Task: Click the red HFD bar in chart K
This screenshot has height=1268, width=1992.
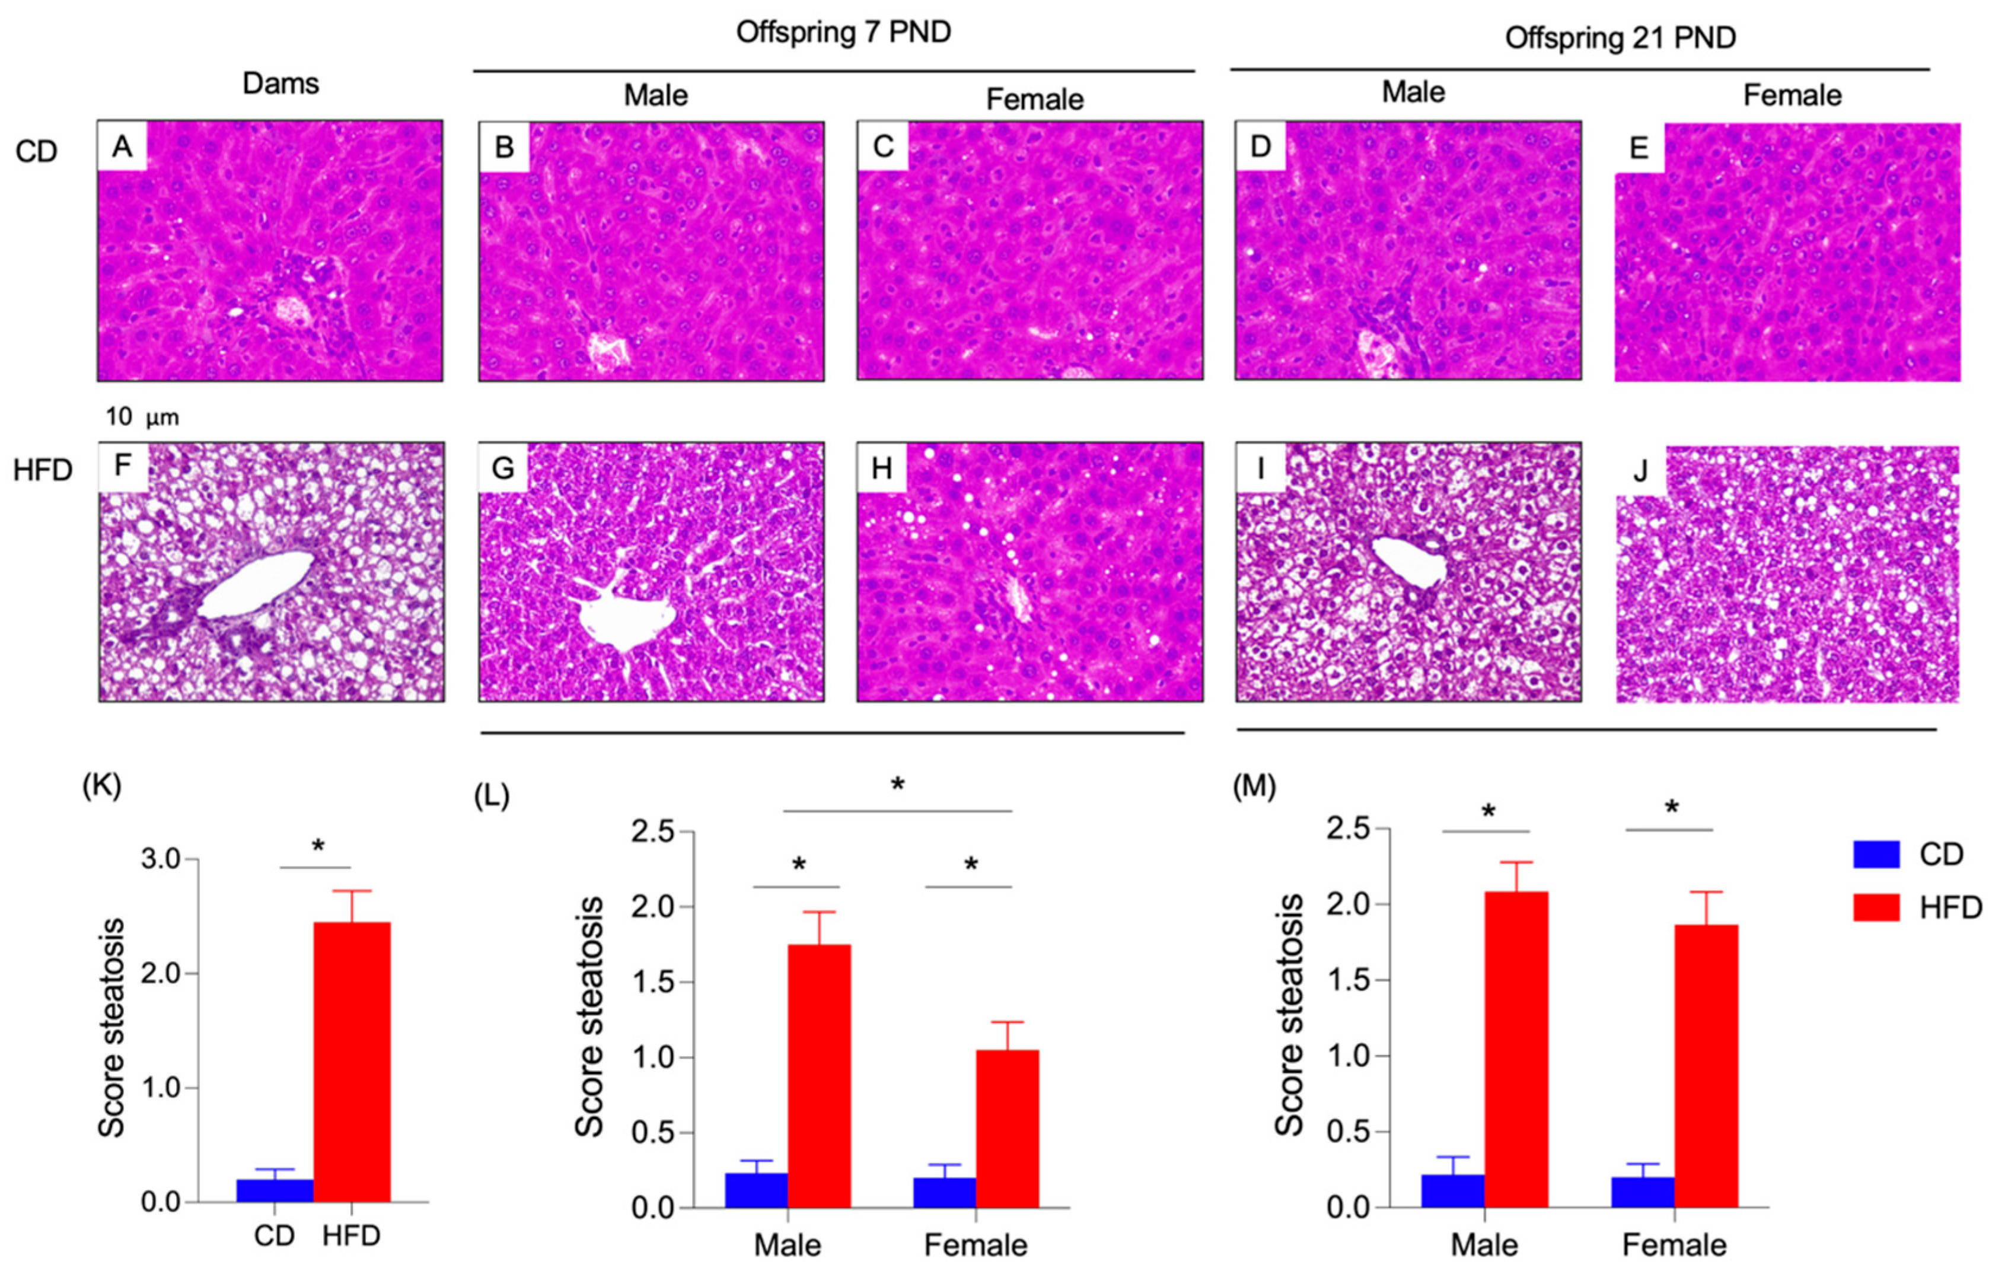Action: (x=352, y=1062)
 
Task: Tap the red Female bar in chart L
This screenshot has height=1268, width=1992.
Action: (x=1007, y=1129)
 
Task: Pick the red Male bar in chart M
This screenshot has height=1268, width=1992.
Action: (x=1516, y=1050)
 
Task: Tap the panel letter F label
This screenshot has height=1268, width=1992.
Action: (x=122, y=466)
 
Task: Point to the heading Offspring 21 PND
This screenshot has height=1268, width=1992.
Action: (x=1620, y=38)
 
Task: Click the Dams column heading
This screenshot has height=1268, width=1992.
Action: (x=281, y=84)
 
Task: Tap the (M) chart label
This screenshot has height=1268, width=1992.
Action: (x=1254, y=786)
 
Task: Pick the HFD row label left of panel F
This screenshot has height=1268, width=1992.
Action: (x=43, y=470)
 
